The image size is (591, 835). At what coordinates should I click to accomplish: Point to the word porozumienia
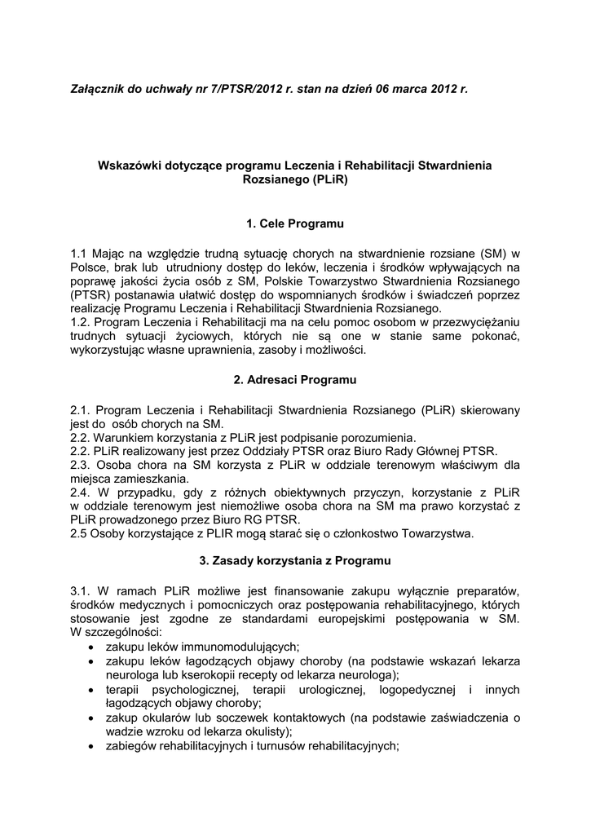tap(377, 437)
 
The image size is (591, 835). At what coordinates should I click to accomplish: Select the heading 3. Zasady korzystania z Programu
tap(295, 561)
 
